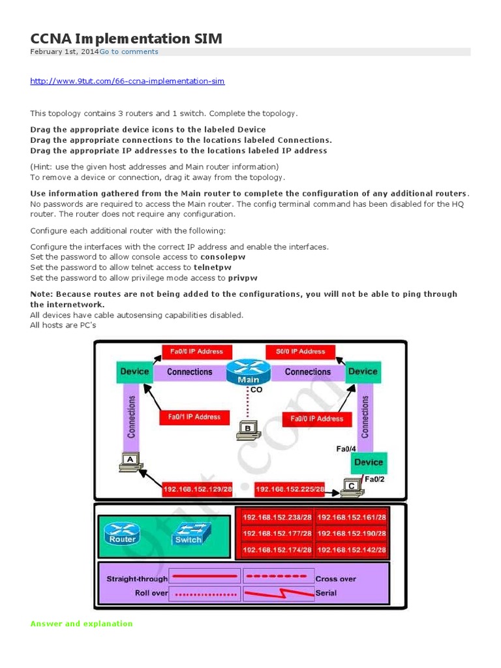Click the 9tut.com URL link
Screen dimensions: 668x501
click(x=127, y=81)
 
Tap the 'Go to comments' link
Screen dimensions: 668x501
click(x=129, y=52)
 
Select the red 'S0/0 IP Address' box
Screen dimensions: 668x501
click(x=300, y=352)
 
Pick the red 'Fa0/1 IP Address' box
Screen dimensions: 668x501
click(x=194, y=417)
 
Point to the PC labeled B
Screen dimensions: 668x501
click(x=248, y=429)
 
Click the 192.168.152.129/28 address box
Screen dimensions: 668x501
click(x=197, y=489)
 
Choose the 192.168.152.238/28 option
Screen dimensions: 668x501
click(x=276, y=518)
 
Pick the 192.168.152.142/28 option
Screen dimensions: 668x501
click(x=351, y=551)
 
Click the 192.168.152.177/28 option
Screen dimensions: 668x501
click(x=276, y=534)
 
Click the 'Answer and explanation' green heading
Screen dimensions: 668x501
click(x=82, y=624)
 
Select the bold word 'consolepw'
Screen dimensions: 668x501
click(x=222, y=257)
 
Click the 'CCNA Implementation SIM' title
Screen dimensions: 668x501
click(x=126, y=38)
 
